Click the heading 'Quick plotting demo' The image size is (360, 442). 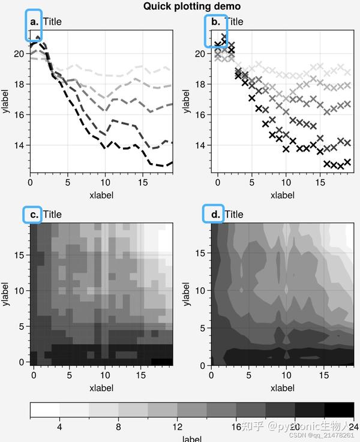coord(192,7)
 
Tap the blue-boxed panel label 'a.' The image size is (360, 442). coord(34,22)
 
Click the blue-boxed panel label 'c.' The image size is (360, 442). coord(33,214)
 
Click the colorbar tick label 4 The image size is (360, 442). coord(59,427)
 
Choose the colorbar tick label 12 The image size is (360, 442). coord(177,427)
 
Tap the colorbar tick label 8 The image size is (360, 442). coord(118,427)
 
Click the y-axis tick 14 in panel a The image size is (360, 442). coord(19,145)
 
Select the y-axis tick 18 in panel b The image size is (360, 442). coord(200,84)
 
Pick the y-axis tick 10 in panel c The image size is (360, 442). coord(19,290)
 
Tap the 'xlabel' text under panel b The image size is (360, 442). coord(282,195)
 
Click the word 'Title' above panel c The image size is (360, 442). coord(52,214)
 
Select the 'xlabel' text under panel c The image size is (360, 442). coord(101,387)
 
